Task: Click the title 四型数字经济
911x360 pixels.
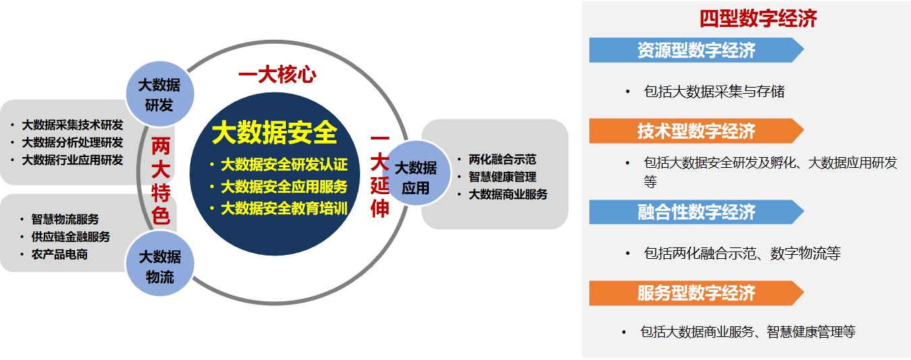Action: click(x=758, y=18)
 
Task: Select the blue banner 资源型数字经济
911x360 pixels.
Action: click(x=697, y=50)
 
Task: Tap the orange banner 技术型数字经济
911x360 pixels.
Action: click(x=697, y=131)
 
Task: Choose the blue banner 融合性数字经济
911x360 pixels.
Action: click(x=697, y=212)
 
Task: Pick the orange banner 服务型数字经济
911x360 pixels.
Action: click(x=697, y=293)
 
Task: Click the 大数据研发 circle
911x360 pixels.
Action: click(x=159, y=94)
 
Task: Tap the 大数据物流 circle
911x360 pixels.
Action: click(x=160, y=264)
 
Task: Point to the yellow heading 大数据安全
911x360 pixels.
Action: click(x=274, y=133)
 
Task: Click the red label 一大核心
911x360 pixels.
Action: click(x=277, y=75)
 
